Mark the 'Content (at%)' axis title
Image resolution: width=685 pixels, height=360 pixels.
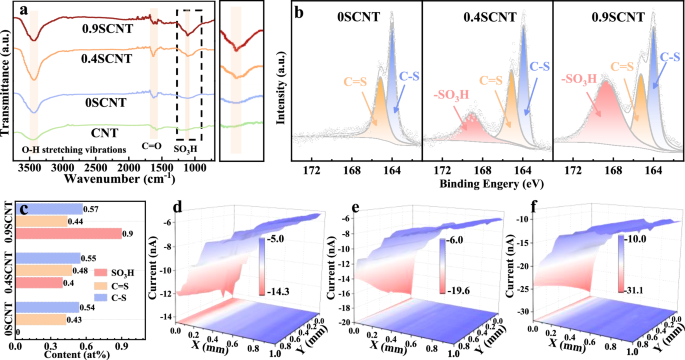click(78, 352)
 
